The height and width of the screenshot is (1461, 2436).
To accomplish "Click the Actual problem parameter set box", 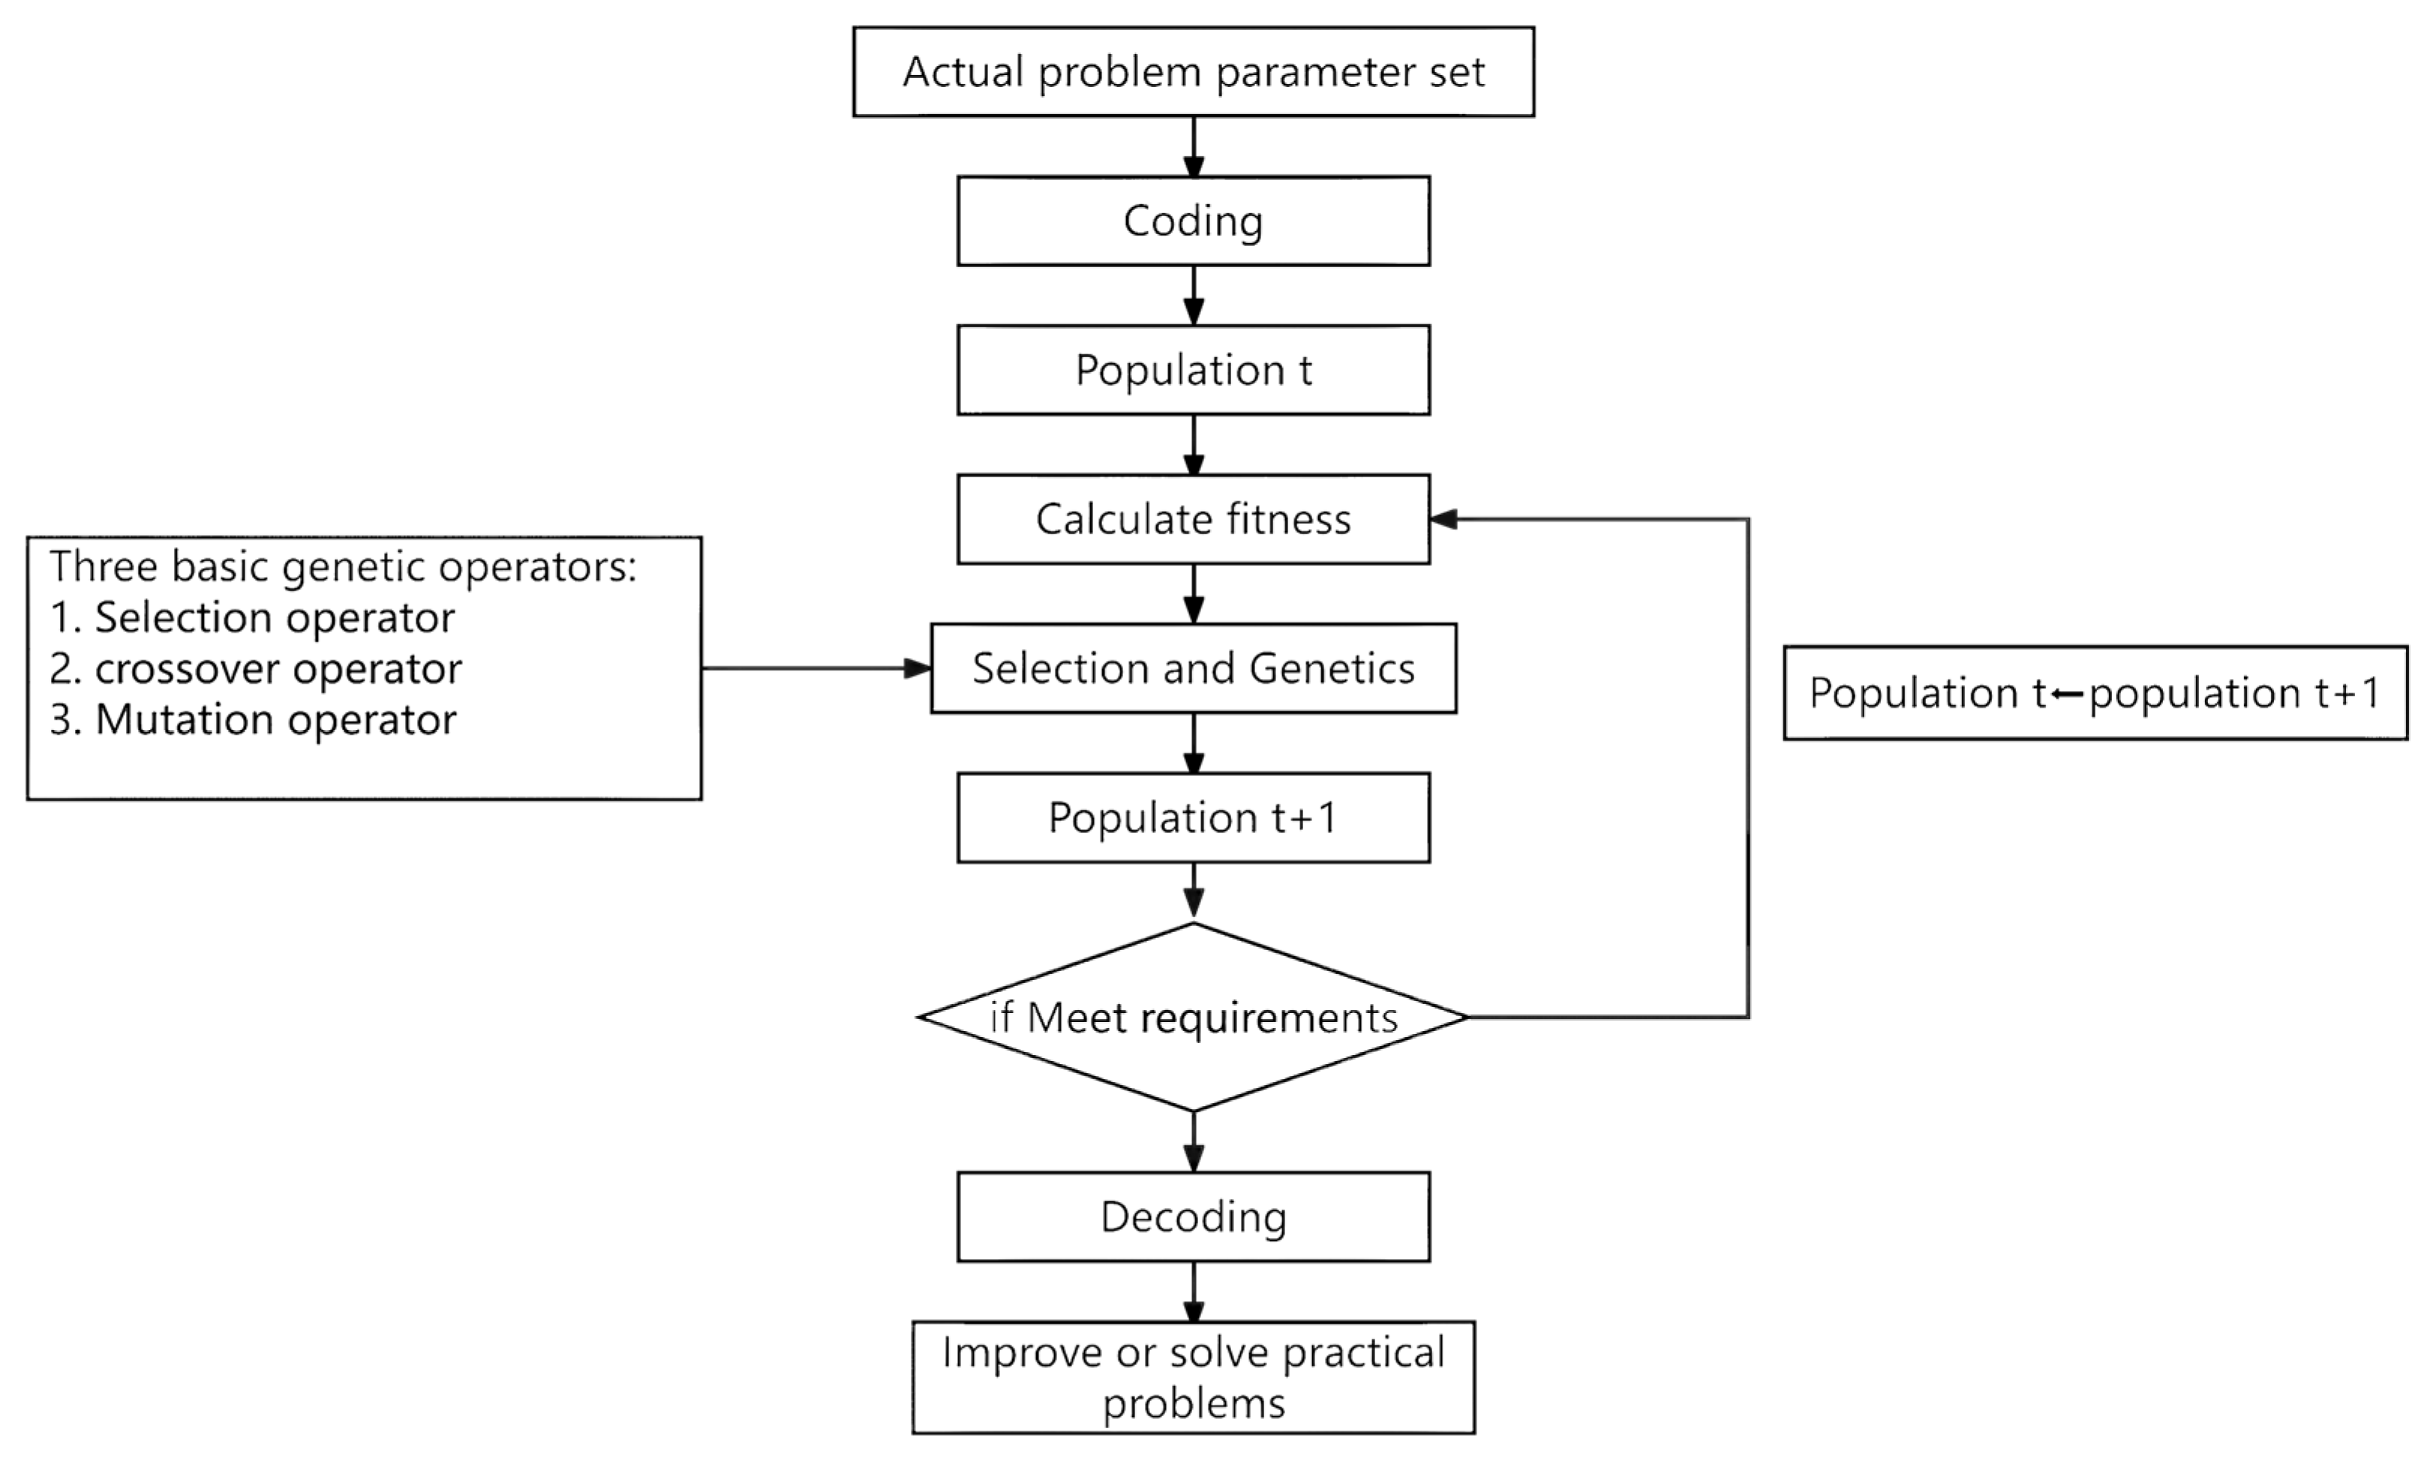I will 1193,72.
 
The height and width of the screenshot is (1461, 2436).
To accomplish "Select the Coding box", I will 1193,221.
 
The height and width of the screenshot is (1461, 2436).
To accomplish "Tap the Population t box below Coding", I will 1193,370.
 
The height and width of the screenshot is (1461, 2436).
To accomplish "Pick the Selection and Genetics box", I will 1193,669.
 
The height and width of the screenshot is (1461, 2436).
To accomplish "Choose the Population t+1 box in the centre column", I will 1193,818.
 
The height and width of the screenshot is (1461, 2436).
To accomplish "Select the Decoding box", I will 1193,1217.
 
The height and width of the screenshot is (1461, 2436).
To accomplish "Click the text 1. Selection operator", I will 252,618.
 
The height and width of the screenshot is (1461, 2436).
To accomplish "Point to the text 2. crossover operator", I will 256,669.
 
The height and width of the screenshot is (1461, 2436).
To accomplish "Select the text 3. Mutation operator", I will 253,720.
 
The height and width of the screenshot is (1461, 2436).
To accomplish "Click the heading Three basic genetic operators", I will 343,567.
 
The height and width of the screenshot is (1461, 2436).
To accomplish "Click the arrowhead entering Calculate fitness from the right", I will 1443,519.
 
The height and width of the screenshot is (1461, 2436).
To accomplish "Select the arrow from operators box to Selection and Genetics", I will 817,669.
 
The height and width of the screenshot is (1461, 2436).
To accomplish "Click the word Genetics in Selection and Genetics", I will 1332,669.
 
